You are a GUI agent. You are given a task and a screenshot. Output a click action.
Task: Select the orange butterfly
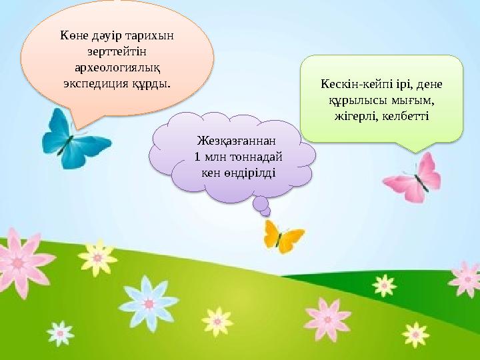coord(283,236)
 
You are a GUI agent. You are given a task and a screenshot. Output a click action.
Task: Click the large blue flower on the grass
coord(148,301)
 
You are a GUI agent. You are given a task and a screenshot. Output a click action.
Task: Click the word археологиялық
coord(117,68)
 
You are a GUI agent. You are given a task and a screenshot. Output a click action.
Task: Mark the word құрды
coord(156,85)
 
